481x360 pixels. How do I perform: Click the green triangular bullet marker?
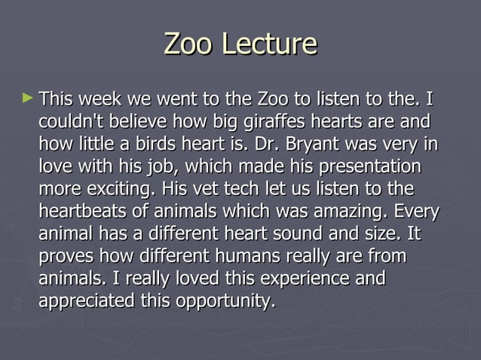[28, 98]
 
